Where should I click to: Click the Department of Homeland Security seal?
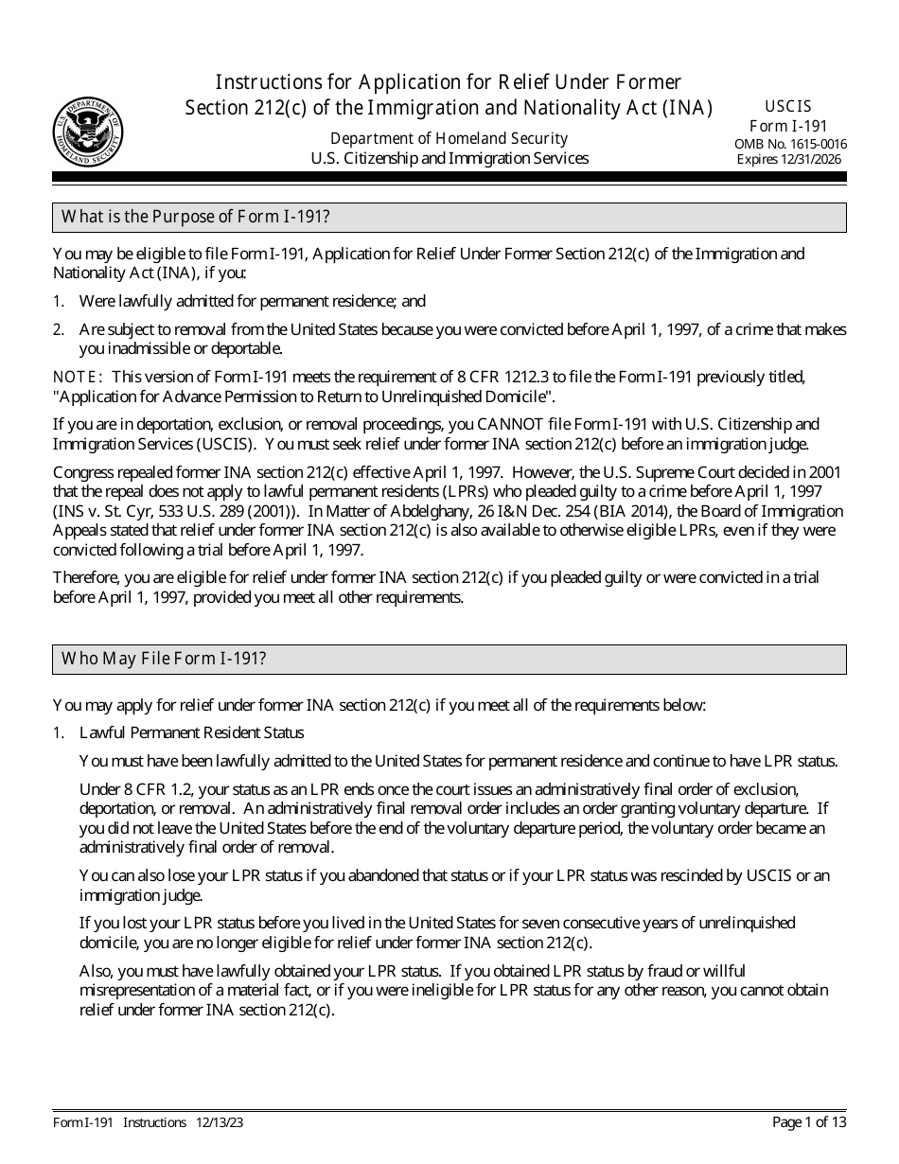(x=88, y=131)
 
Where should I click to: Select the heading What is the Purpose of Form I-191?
(x=195, y=217)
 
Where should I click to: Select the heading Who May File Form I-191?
(x=164, y=659)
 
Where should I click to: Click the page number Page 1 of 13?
(x=809, y=1122)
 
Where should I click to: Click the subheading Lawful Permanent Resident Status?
(x=192, y=732)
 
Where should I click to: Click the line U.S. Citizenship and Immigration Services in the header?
(x=449, y=159)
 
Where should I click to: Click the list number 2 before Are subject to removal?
(x=58, y=329)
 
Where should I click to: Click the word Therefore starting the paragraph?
(x=87, y=577)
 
